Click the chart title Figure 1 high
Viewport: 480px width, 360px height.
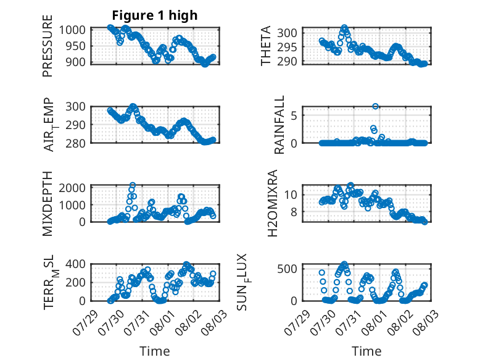(x=155, y=15)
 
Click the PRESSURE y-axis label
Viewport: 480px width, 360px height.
(x=48, y=46)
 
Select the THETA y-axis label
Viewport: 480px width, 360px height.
(x=266, y=46)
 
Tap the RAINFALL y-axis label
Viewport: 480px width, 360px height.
(x=279, y=125)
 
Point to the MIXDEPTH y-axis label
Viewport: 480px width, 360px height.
(x=48, y=204)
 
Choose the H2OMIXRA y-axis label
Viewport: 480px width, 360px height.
(x=272, y=203)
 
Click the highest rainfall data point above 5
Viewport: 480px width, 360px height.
(x=375, y=106)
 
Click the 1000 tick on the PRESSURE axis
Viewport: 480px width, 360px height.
(x=72, y=30)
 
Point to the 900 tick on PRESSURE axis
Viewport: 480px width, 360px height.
(x=75, y=62)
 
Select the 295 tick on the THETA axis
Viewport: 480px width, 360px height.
(x=287, y=47)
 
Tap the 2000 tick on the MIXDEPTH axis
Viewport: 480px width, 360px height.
(x=72, y=188)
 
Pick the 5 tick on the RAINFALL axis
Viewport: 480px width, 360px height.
(x=294, y=115)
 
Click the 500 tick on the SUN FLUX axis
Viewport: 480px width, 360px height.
(x=287, y=269)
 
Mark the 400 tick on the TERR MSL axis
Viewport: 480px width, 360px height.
(x=75, y=264)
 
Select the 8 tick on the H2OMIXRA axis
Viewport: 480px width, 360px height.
(x=294, y=212)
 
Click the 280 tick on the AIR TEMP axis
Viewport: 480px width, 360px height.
(x=75, y=143)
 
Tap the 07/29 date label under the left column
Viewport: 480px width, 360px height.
(x=86, y=322)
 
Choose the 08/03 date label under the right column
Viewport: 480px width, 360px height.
(x=425, y=322)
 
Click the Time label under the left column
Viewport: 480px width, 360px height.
(x=155, y=351)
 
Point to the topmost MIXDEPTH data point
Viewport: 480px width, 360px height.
(x=133, y=185)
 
